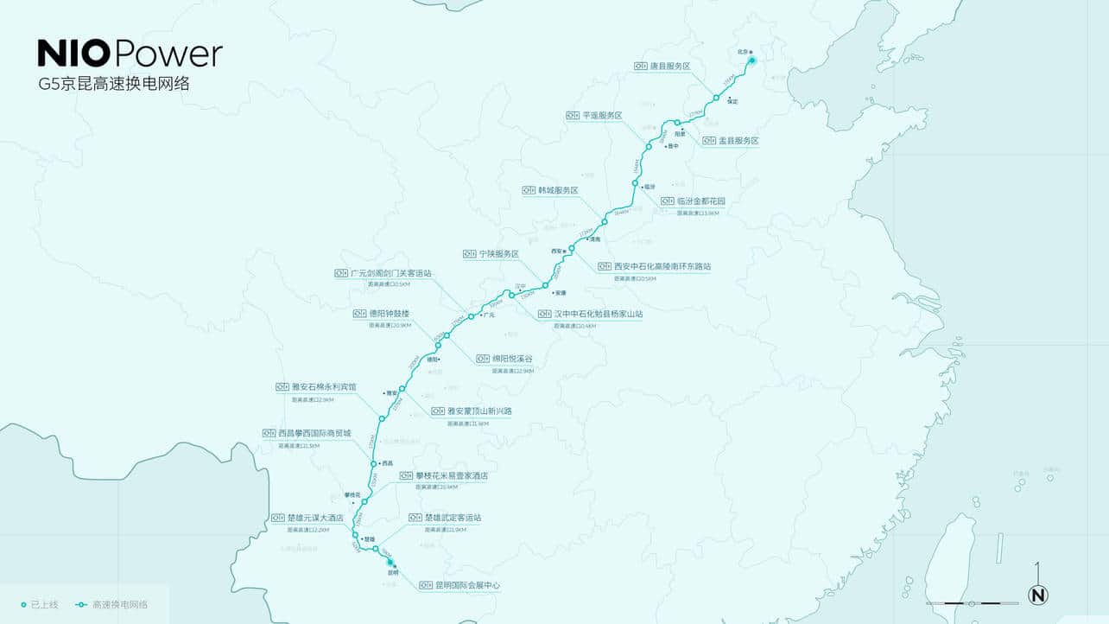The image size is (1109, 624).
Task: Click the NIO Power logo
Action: coord(130,54)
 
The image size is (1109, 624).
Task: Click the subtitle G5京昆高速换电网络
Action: coord(113,85)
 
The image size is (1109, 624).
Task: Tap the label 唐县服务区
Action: coord(670,66)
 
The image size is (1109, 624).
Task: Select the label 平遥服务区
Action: coord(602,115)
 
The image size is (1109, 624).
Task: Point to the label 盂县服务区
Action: coord(738,140)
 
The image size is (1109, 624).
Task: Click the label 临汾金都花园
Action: coord(694,201)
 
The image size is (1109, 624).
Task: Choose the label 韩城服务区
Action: coord(558,190)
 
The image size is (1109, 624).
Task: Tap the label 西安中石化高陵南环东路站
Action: coord(662,266)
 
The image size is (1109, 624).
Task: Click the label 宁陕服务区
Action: coord(499,254)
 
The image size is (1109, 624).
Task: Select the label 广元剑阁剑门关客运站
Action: coord(390,273)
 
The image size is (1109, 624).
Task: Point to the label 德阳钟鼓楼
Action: coord(390,313)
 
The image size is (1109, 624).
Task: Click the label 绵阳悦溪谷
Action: coord(512,359)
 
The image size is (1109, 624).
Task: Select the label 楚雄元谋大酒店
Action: coord(315,518)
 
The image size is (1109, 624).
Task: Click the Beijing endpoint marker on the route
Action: coord(752,60)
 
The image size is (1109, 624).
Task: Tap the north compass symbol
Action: coord(1037,594)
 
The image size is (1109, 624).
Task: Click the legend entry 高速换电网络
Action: coord(119,604)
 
